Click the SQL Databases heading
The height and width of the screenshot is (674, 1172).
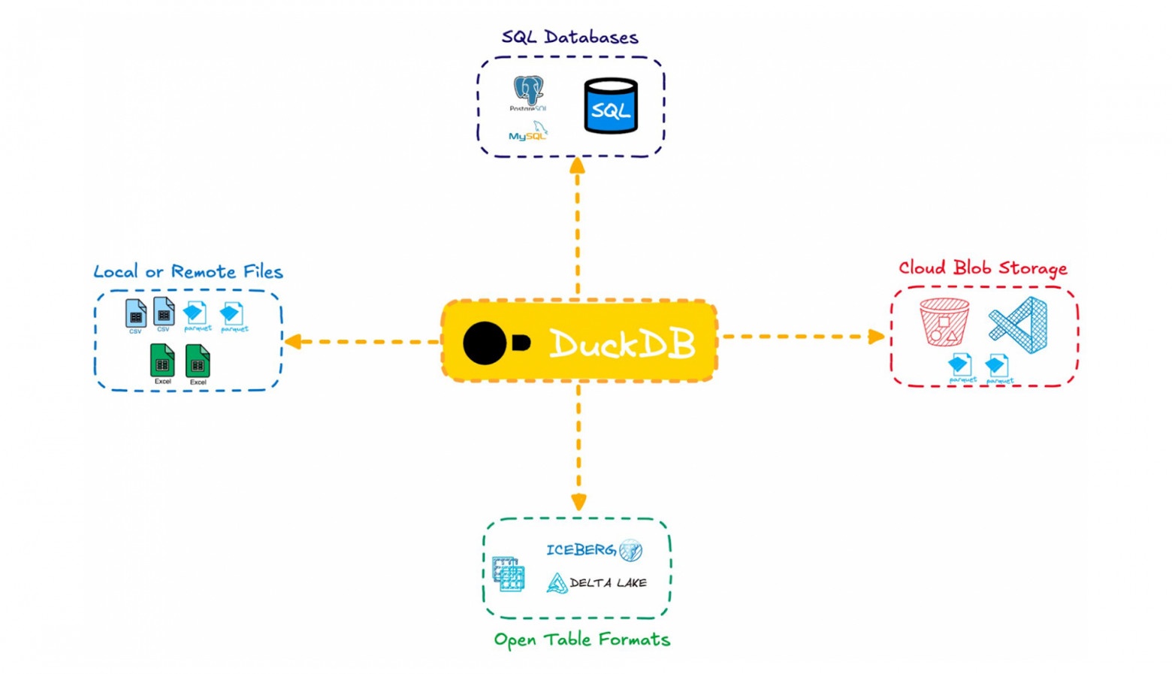[569, 37]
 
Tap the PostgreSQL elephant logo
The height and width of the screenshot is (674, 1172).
[528, 91]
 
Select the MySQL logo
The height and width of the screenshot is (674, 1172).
[528, 132]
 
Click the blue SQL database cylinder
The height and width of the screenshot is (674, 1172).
[611, 107]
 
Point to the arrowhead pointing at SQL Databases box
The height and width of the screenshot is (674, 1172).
[577, 165]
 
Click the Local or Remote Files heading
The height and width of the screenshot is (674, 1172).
[188, 271]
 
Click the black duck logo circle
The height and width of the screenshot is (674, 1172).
[485, 343]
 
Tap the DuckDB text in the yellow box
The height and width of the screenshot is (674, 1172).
[622, 344]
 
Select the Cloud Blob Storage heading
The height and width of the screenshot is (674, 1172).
[983, 268]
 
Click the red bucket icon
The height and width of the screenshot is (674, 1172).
[944, 322]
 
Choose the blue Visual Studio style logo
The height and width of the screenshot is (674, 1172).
[1019, 325]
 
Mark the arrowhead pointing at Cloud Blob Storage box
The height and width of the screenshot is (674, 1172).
[876, 337]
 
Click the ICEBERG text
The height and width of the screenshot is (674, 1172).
[580, 550]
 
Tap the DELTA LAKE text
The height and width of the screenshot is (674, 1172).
[608, 583]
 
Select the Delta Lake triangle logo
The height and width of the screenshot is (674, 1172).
[557, 583]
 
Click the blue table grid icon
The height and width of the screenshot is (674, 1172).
[509, 575]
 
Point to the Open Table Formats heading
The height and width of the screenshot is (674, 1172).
[581, 639]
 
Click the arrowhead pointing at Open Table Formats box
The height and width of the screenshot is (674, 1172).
[578, 502]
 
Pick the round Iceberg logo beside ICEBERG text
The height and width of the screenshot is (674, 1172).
[631, 550]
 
